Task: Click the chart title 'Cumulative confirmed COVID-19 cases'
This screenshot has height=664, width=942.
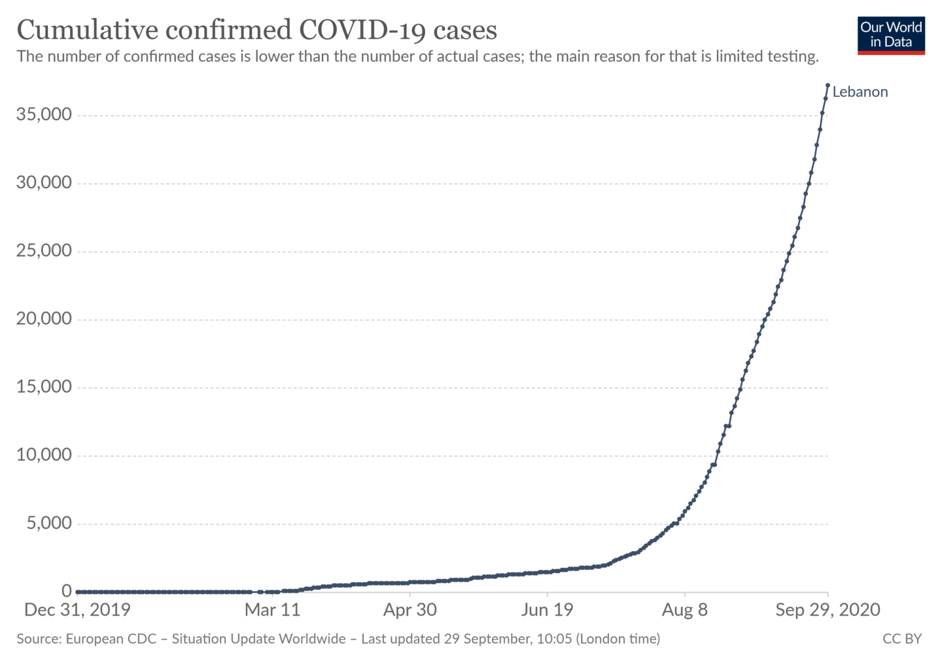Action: (256, 30)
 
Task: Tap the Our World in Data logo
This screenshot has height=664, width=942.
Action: (890, 35)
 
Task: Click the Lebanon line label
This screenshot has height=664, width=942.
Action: (860, 92)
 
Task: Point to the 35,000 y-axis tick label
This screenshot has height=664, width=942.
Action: (44, 115)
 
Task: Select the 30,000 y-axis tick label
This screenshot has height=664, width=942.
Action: (44, 183)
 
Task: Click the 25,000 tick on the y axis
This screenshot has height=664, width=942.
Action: (44, 251)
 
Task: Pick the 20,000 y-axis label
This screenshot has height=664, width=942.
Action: (44, 319)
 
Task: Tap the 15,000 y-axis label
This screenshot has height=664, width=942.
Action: (44, 387)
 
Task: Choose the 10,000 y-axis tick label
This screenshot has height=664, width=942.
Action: (44, 455)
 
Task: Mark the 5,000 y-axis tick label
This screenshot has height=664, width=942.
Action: (49, 523)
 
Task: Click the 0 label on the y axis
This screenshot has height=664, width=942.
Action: (66, 591)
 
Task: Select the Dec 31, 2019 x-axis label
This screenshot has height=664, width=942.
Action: (77, 610)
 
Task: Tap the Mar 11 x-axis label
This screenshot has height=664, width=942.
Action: (272, 610)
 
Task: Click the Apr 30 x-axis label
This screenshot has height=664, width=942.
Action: (410, 610)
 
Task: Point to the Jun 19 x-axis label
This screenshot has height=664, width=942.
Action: (547, 610)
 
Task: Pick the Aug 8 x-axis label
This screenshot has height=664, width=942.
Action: (684, 610)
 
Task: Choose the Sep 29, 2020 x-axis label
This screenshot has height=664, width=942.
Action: (828, 610)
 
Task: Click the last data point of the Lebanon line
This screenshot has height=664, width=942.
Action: (828, 85)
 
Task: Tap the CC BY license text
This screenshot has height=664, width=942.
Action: (901, 639)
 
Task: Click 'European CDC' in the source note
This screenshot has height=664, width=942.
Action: (111, 639)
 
